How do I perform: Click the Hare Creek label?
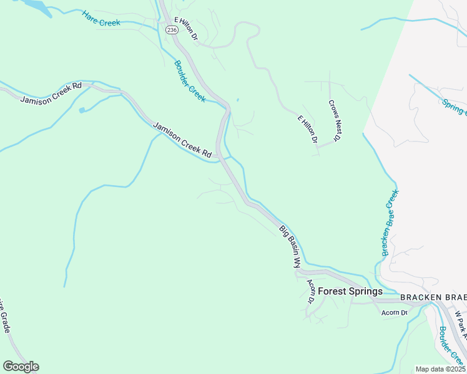[101, 18]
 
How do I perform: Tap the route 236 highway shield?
[171, 29]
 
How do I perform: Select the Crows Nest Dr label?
[333, 120]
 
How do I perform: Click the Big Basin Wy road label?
[290, 246]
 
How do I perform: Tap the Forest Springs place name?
[350, 291]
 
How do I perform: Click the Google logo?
[21, 366]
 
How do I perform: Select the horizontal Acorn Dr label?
[395, 312]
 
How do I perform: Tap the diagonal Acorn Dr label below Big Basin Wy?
[310, 290]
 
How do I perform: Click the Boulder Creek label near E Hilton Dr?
[189, 81]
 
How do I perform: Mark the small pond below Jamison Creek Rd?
[82, 110]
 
